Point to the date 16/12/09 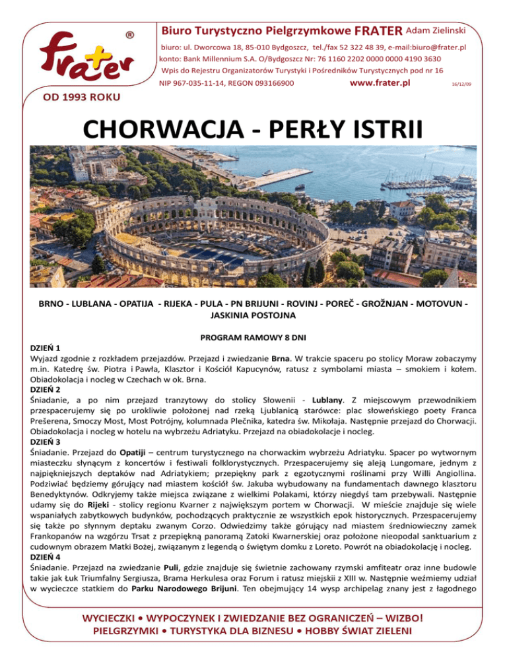(x=461, y=85)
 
